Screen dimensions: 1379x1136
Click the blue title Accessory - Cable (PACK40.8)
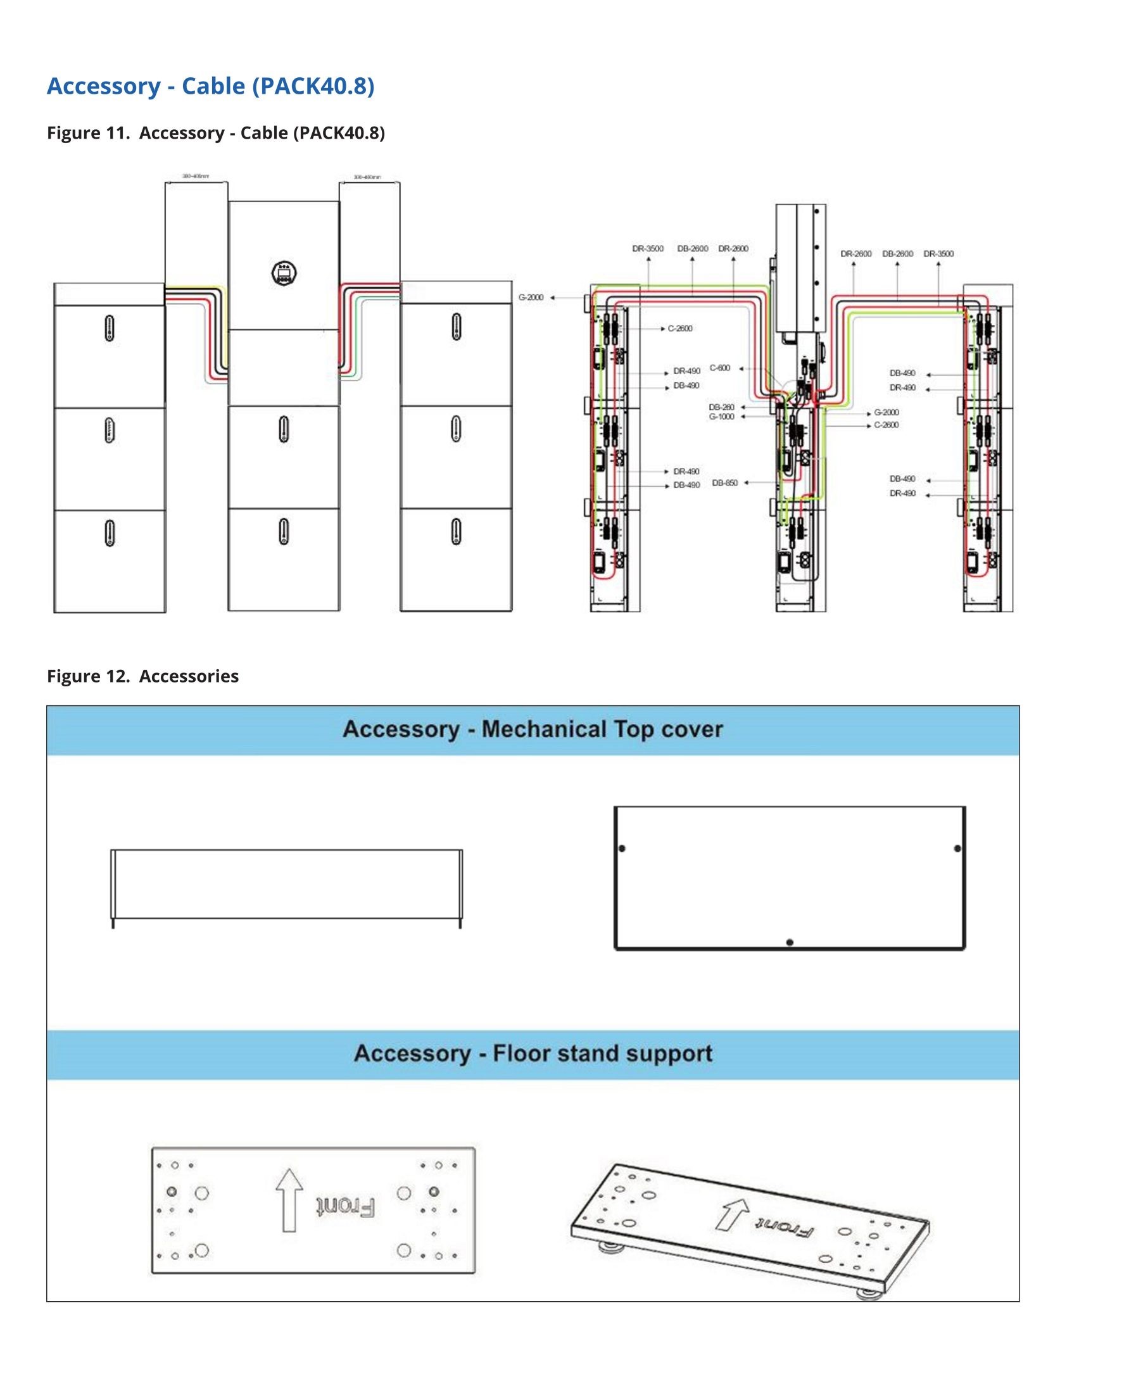tap(210, 85)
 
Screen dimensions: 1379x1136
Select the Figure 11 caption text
tap(215, 133)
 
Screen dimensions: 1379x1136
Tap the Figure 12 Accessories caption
tap(142, 676)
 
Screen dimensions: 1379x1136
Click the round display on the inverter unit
tap(284, 273)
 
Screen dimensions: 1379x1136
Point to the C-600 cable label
tap(720, 368)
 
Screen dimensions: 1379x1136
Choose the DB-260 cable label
tap(721, 407)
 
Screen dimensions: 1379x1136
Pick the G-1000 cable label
tap(721, 417)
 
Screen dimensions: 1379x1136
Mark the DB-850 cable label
tap(724, 483)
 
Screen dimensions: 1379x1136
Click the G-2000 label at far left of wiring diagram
tap(531, 298)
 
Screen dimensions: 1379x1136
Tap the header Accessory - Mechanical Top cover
tap(533, 729)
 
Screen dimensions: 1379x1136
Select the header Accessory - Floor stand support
tap(533, 1054)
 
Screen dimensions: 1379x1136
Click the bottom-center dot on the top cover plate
tap(790, 943)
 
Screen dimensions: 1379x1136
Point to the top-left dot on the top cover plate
tap(622, 848)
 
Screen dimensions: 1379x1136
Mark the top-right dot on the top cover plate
tap(957, 848)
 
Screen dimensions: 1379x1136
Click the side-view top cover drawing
tap(287, 885)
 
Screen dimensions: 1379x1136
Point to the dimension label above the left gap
tap(196, 177)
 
